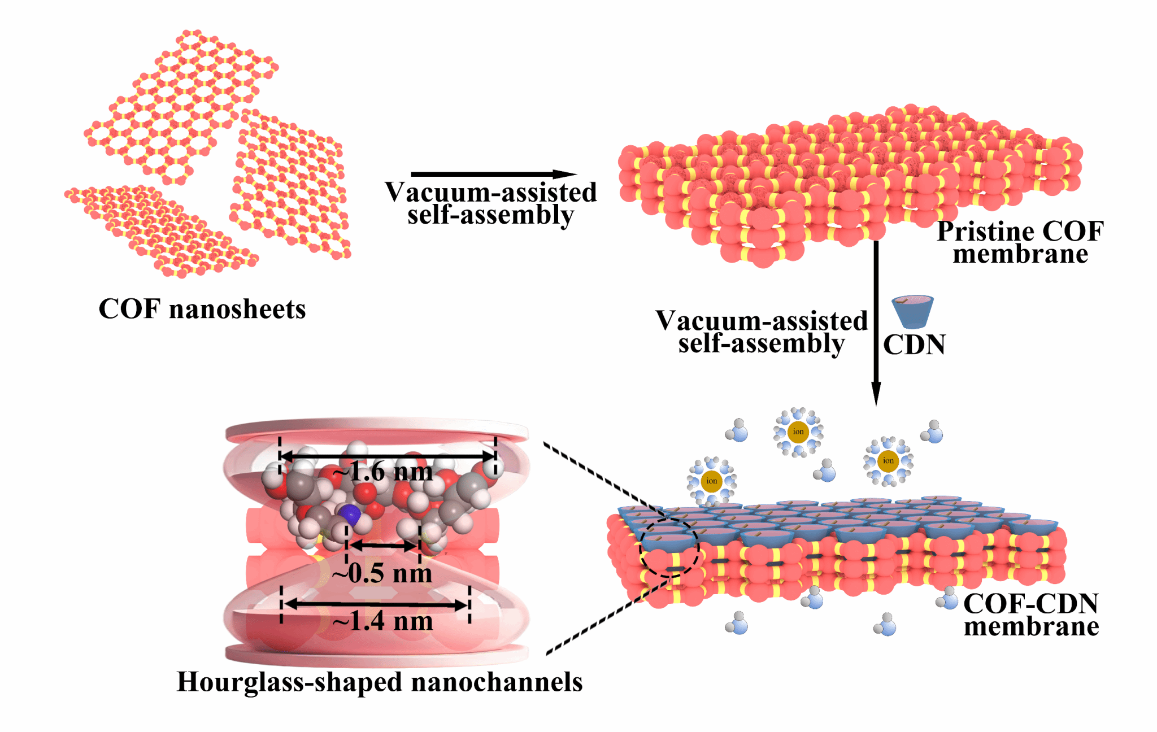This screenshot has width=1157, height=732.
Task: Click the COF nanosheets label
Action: (202, 310)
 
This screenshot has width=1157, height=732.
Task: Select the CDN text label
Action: (914, 345)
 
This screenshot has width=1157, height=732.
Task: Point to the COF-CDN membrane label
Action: (1031, 615)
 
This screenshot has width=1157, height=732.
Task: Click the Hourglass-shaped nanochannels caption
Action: (380, 682)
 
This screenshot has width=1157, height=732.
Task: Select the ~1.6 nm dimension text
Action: (383, 472)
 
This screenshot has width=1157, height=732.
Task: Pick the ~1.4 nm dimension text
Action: (383, 621)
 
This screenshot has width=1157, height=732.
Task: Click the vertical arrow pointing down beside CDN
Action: (876, 322)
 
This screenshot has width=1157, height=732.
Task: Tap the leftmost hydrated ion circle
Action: (711, 481)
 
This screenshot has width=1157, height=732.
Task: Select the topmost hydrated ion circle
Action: (798, 432)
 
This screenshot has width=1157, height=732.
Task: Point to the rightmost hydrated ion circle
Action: (888, 461)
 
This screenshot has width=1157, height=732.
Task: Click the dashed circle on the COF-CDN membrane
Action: (669, 547)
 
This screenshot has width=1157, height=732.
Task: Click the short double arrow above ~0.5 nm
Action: (383, 546)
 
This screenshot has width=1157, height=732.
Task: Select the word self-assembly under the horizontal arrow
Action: (490, 215)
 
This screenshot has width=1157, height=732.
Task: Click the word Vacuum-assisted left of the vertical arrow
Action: (761, 321)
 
